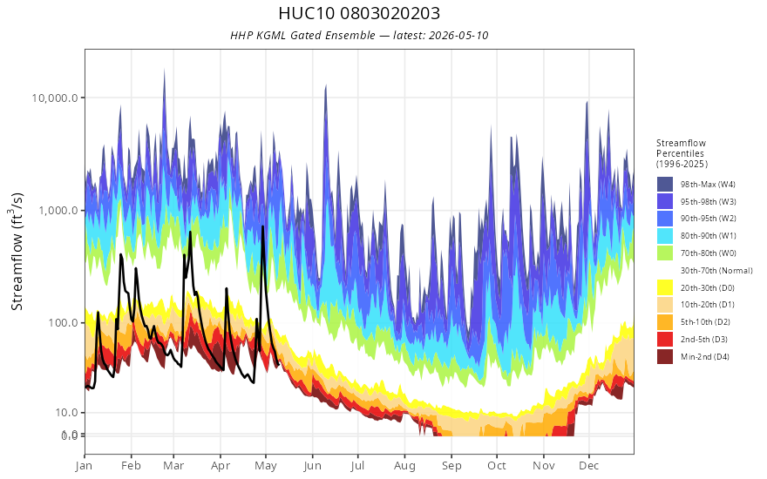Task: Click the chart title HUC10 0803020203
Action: (359, 13)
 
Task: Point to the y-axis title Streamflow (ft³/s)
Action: (17, 251)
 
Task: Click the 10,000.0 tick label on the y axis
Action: (55, 98)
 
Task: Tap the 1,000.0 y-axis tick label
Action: (58, 211)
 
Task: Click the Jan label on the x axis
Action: (85, 466)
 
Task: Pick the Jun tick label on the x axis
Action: (312, 466)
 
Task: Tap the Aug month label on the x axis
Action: (404, 466)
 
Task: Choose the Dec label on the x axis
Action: (589, 466)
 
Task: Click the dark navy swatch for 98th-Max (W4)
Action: (665, 185)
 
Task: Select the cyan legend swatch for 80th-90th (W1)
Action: (665, 236)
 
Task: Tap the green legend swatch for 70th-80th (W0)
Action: (665, 253)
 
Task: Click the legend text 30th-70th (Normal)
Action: (716, 271)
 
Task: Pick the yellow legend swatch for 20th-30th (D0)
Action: (665, 288)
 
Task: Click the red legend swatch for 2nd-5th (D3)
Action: (665, 340)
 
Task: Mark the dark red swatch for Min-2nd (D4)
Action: (665, 357)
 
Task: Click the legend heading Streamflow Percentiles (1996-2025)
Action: (682, 153)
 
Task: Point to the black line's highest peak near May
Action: (262, 226)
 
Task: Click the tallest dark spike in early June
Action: (325, 86)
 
